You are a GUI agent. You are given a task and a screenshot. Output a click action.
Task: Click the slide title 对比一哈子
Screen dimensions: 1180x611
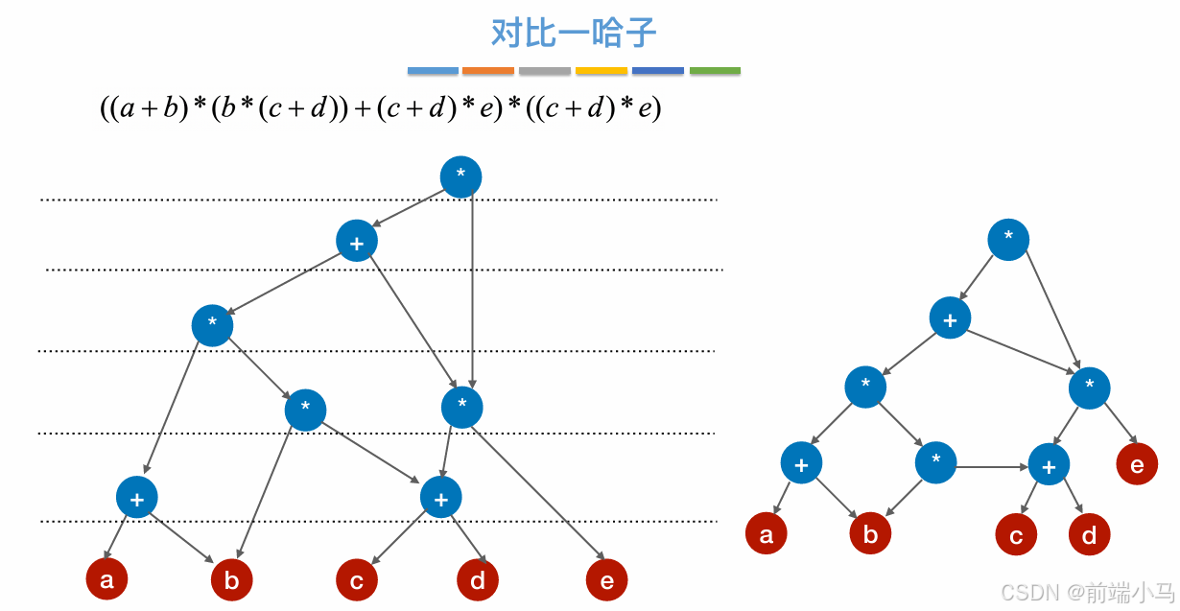click(574, 33)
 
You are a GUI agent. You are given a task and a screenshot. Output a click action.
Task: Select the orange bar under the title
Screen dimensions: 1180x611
click(488, 70)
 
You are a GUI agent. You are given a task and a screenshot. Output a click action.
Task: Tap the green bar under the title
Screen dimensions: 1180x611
click(715, 70)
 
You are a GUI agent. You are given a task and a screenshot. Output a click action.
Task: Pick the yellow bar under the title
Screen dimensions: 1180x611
click(602, 70)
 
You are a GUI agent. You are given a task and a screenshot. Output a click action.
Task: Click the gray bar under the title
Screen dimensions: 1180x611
click(545, 70)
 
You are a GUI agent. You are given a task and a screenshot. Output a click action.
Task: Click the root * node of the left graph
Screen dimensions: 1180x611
click(460, 177)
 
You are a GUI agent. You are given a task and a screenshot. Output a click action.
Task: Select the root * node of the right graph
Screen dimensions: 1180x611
click(1008, 240)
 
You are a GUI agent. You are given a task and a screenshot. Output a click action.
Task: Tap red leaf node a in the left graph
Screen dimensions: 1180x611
click(106, 579)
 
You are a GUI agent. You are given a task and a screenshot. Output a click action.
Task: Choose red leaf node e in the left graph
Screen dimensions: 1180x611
click(606, 579)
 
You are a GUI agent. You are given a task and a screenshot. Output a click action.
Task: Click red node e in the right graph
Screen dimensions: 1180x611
click(1137, 465)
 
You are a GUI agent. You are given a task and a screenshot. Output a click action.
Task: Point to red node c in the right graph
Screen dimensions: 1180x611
click(1016, 535)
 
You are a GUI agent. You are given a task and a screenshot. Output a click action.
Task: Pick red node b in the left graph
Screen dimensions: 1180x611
click(231, 579)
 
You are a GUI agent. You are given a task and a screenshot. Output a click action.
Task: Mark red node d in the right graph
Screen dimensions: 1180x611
click(1089, 534)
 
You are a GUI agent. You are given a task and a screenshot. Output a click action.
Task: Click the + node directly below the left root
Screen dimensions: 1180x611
click(357, 242)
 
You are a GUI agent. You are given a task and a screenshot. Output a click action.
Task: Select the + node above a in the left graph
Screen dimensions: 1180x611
click(136, 498)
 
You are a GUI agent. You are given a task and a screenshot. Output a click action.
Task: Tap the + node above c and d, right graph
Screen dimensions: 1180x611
click(1049, 465)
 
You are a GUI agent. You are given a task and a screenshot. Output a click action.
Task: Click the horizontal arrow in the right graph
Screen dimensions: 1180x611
click(992, 467)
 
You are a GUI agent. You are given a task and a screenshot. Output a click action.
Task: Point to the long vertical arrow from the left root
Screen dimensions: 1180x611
click(472, 288)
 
